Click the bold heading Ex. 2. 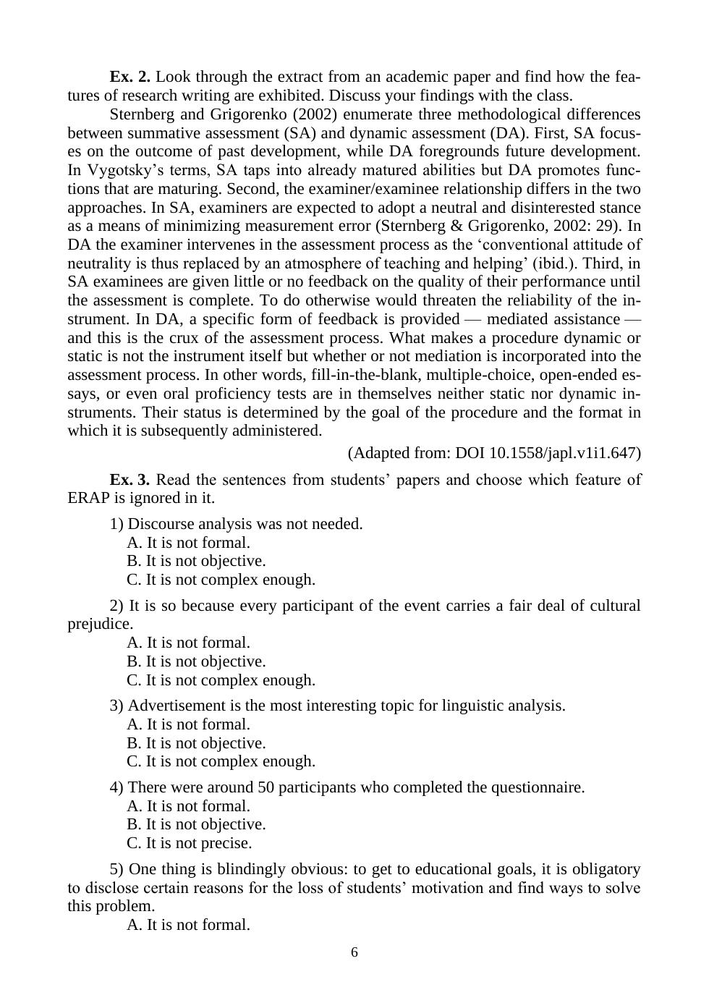(130, 77)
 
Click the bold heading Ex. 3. (130, 480)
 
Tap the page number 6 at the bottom (354, 952)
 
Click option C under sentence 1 (221, 580)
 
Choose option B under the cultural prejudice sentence (196, 661)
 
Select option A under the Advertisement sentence (188, 724)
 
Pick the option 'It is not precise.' (190, 843)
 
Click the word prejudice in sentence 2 (100, 624)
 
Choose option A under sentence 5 (188, 925)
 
